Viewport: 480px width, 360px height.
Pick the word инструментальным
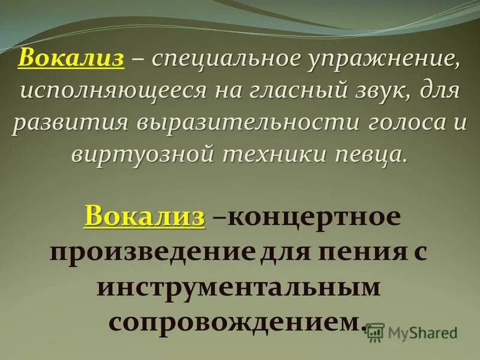pos(239,287)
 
